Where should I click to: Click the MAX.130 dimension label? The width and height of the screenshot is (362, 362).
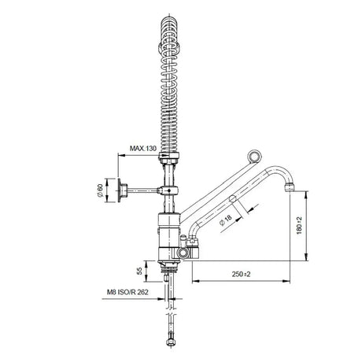tap(143, 149)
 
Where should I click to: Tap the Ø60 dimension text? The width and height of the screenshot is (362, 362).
tap(100, 190)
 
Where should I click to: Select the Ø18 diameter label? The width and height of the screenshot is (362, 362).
tap(226, 220)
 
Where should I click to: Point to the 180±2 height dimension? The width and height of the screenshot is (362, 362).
tap(299, 226)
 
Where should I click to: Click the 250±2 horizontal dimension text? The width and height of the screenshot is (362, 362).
tap(241, 274)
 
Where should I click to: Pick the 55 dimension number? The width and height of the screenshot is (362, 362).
tap(140, 271)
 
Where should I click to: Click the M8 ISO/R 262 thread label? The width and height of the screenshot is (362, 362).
tap(127, 292)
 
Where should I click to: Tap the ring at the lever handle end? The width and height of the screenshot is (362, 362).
tap(254, 157)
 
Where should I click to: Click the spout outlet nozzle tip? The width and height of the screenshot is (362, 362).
tap(290, 187)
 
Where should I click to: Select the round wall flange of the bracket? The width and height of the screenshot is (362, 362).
tap(119, 190)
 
